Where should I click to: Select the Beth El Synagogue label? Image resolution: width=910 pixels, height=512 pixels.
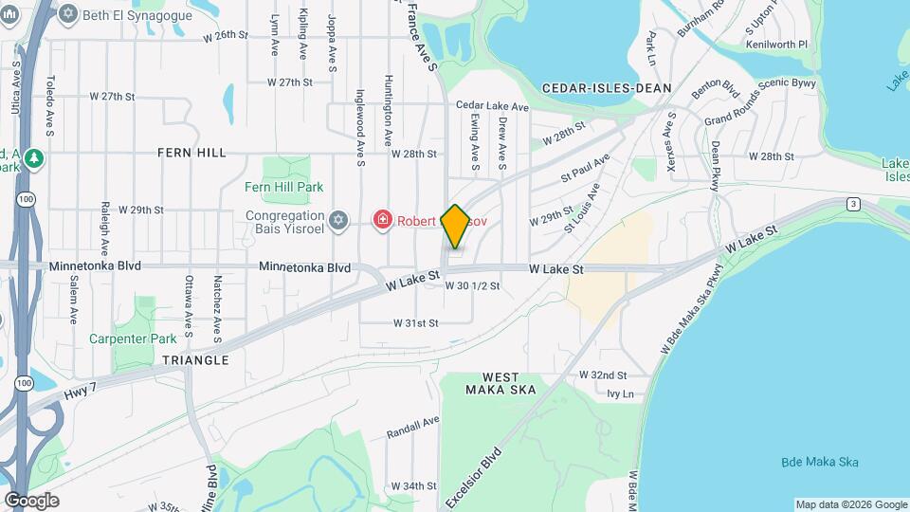[x=137, y=15]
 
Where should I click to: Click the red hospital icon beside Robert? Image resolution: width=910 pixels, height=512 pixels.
[x=382, y=221]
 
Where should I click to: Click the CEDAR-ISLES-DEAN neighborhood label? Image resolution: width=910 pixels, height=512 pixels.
[x=607, y=88]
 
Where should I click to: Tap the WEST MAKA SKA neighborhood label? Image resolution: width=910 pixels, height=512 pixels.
[x=500, y=383]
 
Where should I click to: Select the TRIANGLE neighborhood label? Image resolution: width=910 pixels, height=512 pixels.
[x=195, y=360]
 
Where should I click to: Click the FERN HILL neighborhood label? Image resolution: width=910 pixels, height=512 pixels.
[x=191, y=152]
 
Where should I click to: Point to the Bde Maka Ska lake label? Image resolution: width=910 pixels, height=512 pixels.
[x=820, y=462]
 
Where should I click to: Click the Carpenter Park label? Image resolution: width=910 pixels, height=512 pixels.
[x=133, y=338]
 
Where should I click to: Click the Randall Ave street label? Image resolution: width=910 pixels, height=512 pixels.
[x=413, y=427]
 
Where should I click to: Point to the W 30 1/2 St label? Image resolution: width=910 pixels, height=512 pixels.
[x=472, y=286]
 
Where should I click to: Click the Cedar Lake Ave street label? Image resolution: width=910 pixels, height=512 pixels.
[x=490, y=105]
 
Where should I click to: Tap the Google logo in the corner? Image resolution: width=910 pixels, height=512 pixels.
[x=31, y=501]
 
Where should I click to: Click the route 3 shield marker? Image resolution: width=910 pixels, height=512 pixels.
[x=854, y=204]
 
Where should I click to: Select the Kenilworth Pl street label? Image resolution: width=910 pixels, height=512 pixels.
[x=776, y=45]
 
